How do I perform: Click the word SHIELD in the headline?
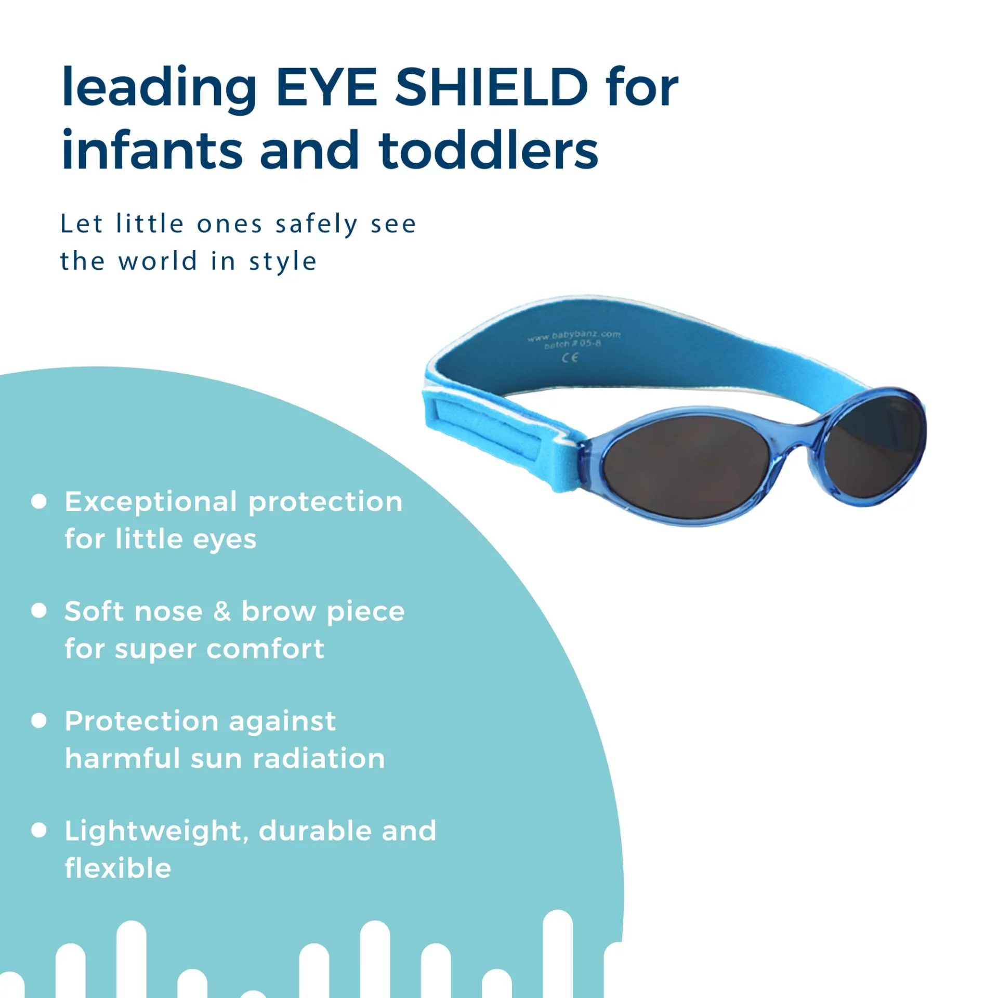point(492,87)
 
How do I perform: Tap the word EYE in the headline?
point(327,87)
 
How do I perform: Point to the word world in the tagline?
point(158,261)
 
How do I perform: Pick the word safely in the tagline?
point(317,225)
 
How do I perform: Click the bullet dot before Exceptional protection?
point(39,501)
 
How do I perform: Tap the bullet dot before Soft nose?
point(39,610)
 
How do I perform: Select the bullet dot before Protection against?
point(39,720)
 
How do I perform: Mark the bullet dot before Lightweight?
point(39,830)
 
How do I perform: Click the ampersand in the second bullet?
point(222,611)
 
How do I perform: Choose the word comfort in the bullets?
point(266,649)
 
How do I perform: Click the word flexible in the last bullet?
point(118,868)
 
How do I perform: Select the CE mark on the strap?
point(570,358)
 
